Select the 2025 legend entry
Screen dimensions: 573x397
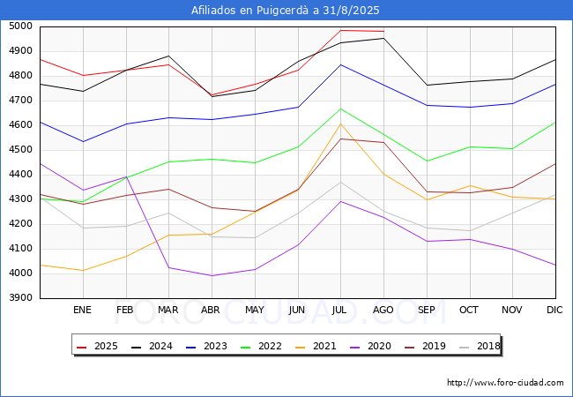[97, 346]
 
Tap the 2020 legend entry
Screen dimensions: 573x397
[370, 346]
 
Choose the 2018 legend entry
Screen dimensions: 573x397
[480, 346]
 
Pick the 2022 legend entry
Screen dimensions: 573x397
[261, 346]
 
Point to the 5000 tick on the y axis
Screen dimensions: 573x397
[20, 26]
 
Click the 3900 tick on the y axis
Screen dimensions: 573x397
[20, 298]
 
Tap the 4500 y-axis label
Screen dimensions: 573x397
[20, 150]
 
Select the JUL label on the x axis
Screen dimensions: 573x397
[339, 310]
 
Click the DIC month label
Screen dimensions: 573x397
[554, 310]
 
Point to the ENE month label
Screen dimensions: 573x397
[82, 310]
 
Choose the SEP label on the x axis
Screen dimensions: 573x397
[427, 310]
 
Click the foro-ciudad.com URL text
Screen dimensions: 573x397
[505, 383]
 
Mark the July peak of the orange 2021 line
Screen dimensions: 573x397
[341, 124]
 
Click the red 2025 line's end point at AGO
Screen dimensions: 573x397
[383, 32]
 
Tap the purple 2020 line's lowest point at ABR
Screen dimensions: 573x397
[212, 275]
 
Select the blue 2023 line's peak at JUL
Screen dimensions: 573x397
[341, 64]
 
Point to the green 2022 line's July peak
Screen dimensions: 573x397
[341, 109]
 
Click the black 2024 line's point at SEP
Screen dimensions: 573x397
[427, 86]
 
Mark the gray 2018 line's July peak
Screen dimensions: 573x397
[341, 182]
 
